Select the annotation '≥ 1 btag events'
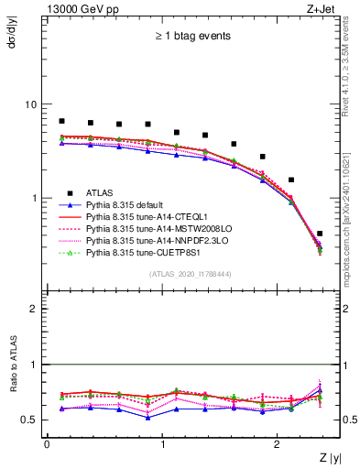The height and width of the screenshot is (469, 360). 191,37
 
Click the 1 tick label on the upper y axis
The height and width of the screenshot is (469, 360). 37,198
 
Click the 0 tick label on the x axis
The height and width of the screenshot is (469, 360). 47,444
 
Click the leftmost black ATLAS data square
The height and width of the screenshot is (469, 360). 61,121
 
